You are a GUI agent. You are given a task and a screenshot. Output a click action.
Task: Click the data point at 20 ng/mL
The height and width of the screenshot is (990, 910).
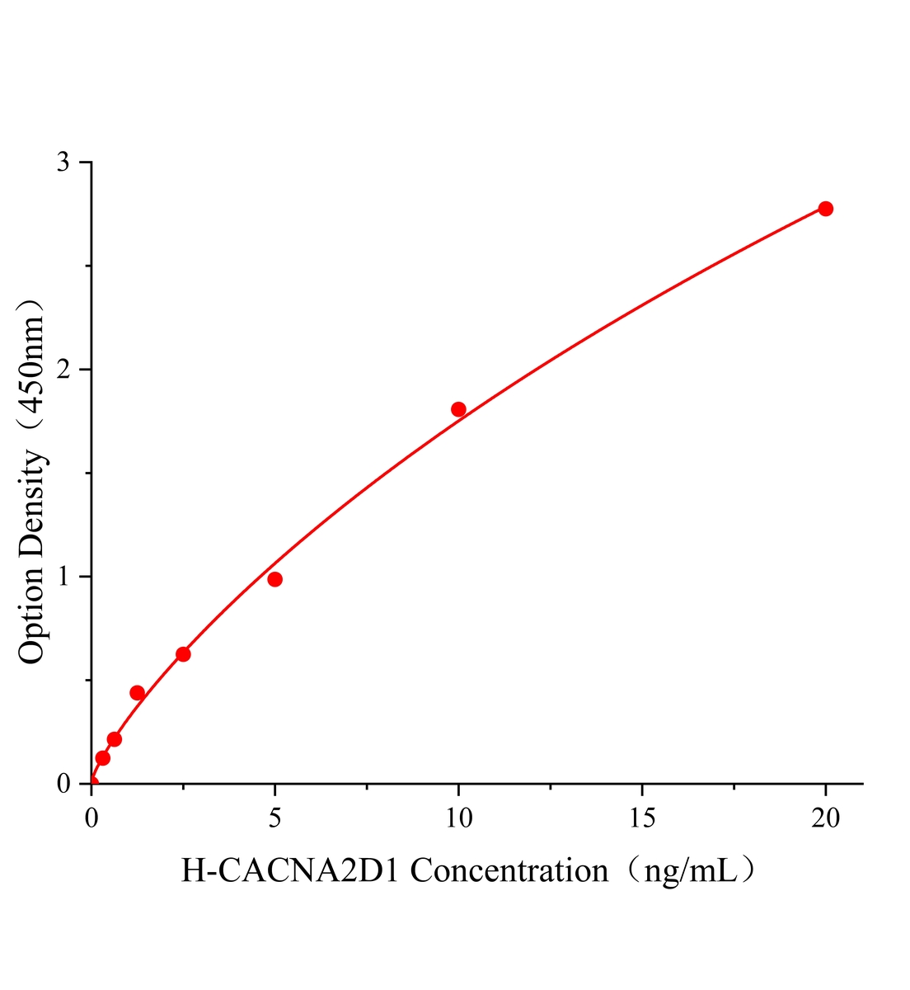825,209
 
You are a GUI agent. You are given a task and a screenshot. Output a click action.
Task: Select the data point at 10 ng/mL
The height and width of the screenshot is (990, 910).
458,409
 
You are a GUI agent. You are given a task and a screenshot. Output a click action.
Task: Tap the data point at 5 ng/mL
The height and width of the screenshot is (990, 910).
275,579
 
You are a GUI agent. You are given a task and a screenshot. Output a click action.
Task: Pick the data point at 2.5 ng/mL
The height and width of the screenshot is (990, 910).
183,654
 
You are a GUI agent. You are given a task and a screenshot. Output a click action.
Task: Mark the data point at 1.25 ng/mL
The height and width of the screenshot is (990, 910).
138,693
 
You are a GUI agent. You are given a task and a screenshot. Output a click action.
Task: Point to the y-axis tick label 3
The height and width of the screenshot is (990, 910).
63,163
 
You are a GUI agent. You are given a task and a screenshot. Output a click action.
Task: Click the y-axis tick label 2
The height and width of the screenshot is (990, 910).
63,370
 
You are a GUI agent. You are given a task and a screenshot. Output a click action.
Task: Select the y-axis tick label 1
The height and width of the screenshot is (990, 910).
63,577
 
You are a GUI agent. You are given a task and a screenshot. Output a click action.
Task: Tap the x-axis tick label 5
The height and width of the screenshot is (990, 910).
275,818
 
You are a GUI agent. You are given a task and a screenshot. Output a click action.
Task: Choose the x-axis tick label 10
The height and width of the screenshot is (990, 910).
458,818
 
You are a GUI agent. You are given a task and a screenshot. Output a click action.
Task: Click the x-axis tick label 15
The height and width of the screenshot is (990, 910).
642,818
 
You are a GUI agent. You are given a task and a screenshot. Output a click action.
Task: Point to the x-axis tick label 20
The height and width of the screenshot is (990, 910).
825,818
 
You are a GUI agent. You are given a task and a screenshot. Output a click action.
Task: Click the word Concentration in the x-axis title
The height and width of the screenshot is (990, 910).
509,870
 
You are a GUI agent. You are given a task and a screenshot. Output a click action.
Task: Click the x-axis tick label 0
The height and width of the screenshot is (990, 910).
91,818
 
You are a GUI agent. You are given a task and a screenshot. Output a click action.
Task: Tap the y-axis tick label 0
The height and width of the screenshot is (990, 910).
63,783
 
